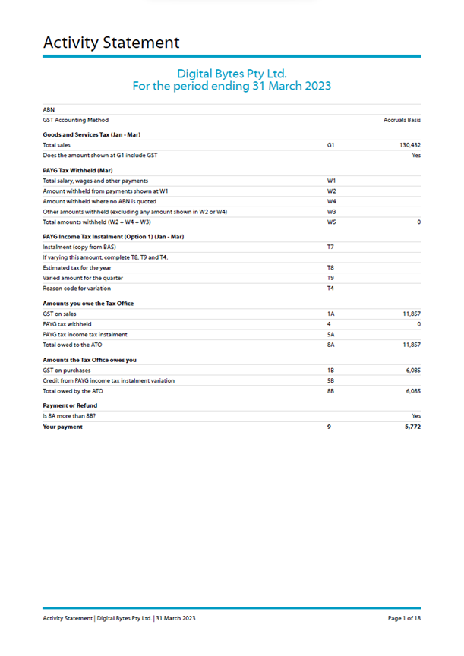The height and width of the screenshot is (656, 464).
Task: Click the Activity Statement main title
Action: click(x=111, y=43)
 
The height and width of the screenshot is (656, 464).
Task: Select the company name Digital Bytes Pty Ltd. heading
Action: click(x=232, y=74)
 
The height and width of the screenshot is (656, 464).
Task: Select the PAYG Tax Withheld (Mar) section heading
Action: click(x=78, y=171)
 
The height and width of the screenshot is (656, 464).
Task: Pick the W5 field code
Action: click(x=332, y=222)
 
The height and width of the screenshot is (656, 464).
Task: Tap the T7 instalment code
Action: click(x=330, y=248)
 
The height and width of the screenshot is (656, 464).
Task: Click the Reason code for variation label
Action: click(x=77, y=289)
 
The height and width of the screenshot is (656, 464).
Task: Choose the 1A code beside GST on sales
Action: click(x=330, y=314)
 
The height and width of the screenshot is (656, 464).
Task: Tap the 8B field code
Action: click(x=330, y=390)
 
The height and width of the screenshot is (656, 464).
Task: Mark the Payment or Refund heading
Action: click(x=71, y=406)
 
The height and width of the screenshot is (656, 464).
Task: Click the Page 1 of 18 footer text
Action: click(x=404, y=619)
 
